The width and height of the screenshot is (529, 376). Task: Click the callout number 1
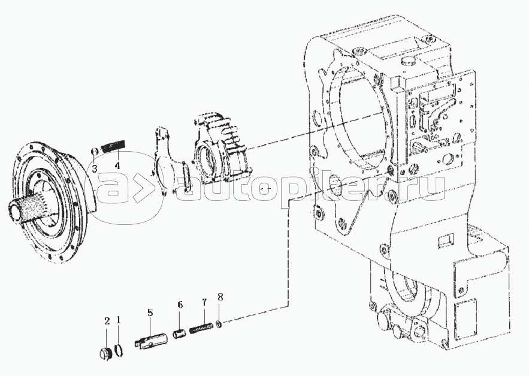point(119,321)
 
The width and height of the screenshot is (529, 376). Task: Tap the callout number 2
point(107,321)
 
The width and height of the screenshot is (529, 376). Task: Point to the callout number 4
point(117,165)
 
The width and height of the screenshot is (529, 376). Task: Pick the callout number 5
point(150,312)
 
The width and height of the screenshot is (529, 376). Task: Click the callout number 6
point(180,305)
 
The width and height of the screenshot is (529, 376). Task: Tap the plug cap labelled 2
point(104,352)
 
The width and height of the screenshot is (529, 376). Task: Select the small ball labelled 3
point(95,150)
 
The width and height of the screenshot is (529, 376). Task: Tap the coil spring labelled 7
point(202,329)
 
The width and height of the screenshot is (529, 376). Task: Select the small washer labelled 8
point(220,325)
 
